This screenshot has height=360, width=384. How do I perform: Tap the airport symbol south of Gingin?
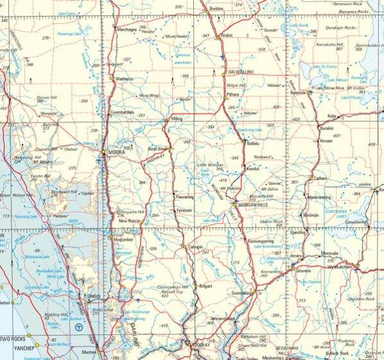[x=78, y=327]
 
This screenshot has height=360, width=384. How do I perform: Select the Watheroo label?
[x=124, y=79]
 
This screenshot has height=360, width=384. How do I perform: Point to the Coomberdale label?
[x=122, y=111]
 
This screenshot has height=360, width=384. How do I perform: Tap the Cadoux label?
[x=320, y=178]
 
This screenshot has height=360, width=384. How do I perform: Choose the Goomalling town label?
[x=241, y=292]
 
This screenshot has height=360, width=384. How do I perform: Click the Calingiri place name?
[x=195, y=246]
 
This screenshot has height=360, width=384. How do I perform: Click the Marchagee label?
[x=127, y=29]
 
